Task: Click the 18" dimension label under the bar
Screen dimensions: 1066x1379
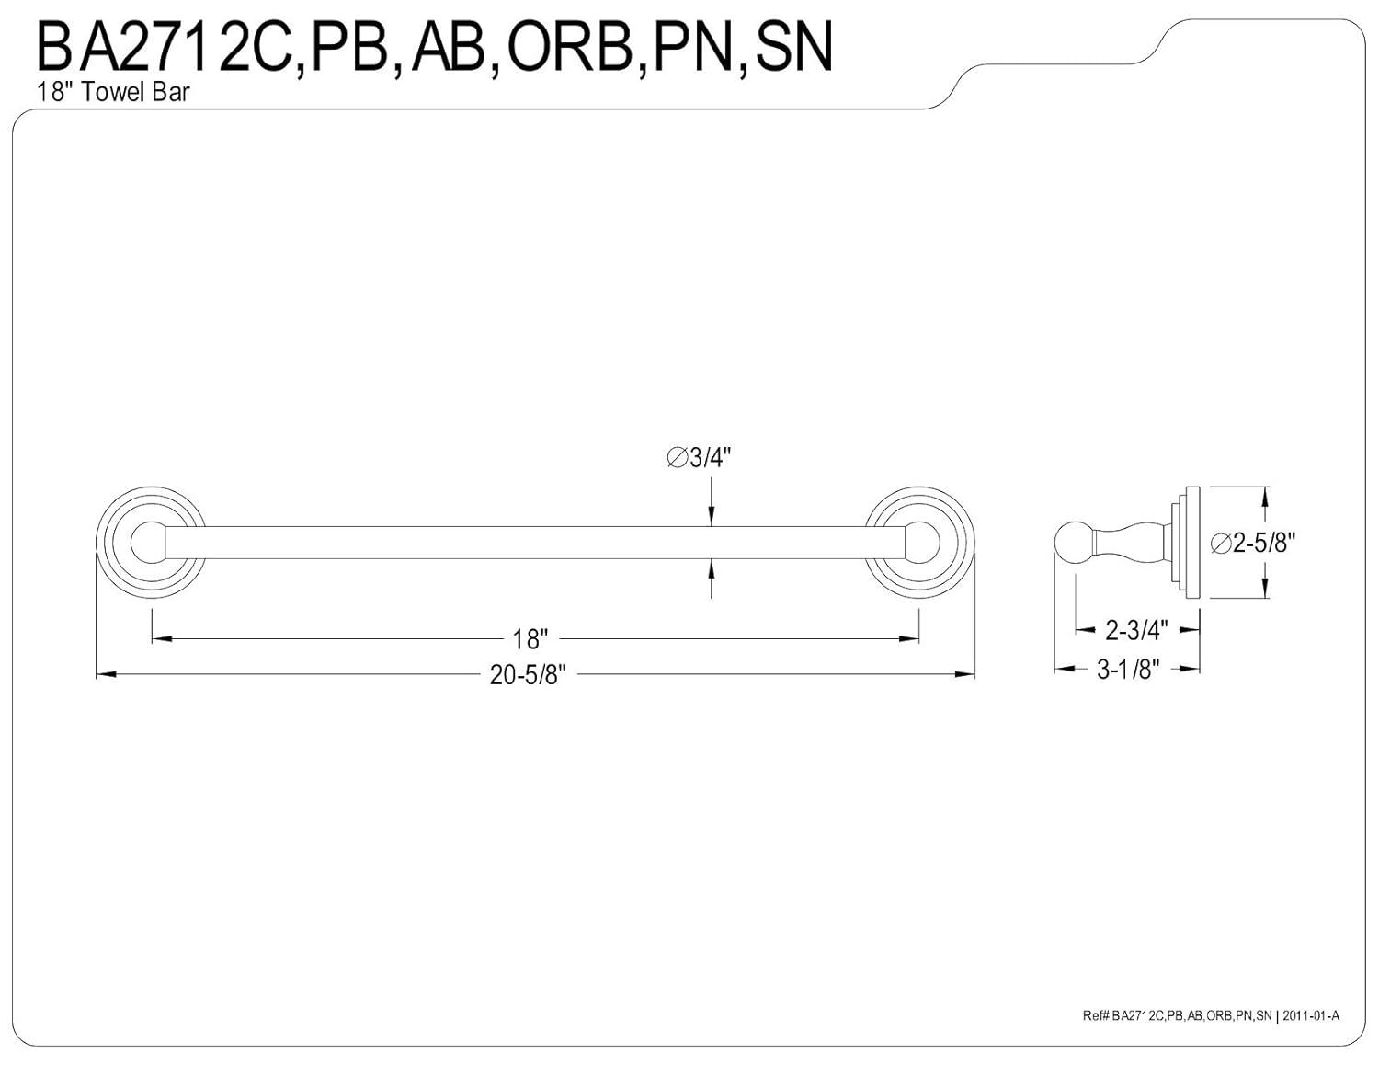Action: pos(530,638)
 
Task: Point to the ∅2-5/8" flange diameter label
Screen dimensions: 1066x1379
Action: pos(1253,543)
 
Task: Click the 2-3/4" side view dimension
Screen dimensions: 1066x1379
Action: pos(1136,630)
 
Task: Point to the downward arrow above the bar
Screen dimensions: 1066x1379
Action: pos(711,516)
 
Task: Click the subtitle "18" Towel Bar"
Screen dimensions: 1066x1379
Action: pos(114,92)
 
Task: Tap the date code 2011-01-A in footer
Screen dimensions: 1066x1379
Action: pos(1312,1015)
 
